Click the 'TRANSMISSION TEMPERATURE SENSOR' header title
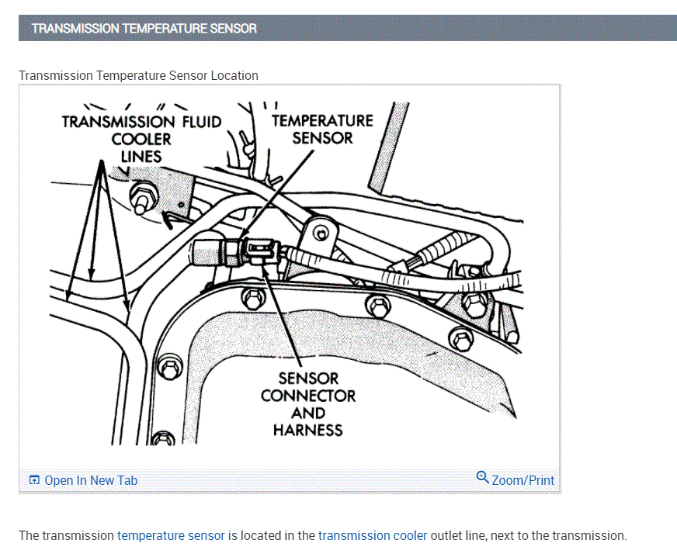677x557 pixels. click(144, 29)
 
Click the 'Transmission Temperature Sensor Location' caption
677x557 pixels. click(138, 75)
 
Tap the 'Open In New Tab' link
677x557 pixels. click(91, 480)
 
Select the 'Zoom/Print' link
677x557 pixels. click(523, 480)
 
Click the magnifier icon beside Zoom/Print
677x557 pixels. click(483, 477)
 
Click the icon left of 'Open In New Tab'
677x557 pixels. click(34, 480)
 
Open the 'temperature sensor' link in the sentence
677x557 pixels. click(171, 535)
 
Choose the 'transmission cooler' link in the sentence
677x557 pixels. click(373, 535)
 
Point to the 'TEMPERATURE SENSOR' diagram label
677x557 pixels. click(322, 130)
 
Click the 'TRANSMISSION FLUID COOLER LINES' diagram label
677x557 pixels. click(141, 139)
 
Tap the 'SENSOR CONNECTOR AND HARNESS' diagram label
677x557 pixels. click(308, 403)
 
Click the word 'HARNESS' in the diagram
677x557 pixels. click(308, 430)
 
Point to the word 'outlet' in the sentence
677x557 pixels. click(448, 535)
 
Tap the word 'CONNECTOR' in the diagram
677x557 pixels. click(308, 396)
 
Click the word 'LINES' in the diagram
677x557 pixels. click(141, 156)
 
